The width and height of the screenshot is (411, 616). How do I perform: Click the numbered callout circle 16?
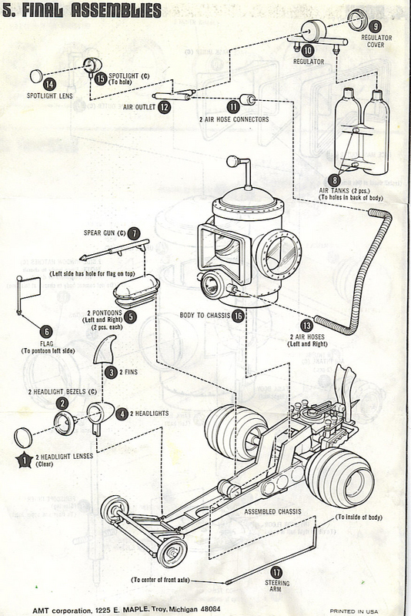click(239, 316)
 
